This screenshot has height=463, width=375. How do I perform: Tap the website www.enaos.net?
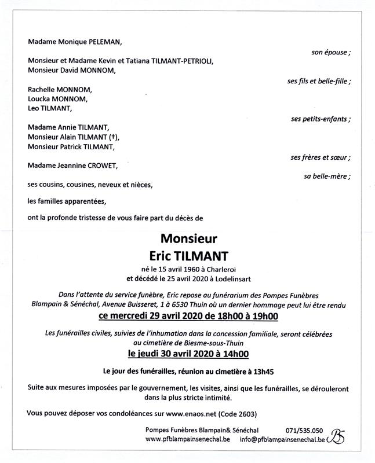pos(188,414)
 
